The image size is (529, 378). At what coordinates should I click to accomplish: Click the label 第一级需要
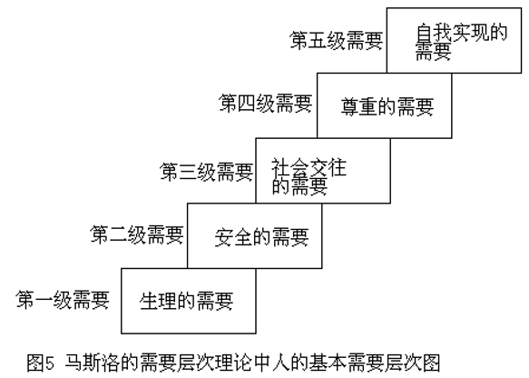click(x=63, y=300)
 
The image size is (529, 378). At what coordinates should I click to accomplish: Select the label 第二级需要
click(x=137, y=234)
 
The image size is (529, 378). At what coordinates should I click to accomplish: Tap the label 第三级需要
click(x=207, y=172)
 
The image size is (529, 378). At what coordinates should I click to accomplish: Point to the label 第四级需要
click(x=266, y=103)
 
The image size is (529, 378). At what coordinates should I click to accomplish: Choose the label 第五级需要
click(x=337, y=41)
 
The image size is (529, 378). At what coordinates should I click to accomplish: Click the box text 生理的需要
click(x=187, y=301)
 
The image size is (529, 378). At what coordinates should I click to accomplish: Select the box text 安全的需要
click(x=262, y=237)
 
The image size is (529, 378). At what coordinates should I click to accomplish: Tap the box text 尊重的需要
click(x=387, y=106)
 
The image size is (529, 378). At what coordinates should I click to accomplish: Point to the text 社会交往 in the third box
click(x=309, y=167)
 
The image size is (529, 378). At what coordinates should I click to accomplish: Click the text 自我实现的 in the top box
click(x=462, y=33)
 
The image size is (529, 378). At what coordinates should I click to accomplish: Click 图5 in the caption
click(x=41, y=363)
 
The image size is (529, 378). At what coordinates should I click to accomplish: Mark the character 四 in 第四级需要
click(x=247, y=103)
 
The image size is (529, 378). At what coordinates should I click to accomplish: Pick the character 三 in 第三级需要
click(x=188, y=172)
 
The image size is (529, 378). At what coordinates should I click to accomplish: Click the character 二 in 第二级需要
click(x=118, y=234)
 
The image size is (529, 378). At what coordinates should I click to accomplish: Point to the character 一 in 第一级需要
click(x=44, y=300)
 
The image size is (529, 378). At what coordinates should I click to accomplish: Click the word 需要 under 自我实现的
click(x=434, y=51)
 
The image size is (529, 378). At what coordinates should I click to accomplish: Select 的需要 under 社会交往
click(x=299, y=185)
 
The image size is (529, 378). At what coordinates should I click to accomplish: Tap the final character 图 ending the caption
click(x=431, y=363)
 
